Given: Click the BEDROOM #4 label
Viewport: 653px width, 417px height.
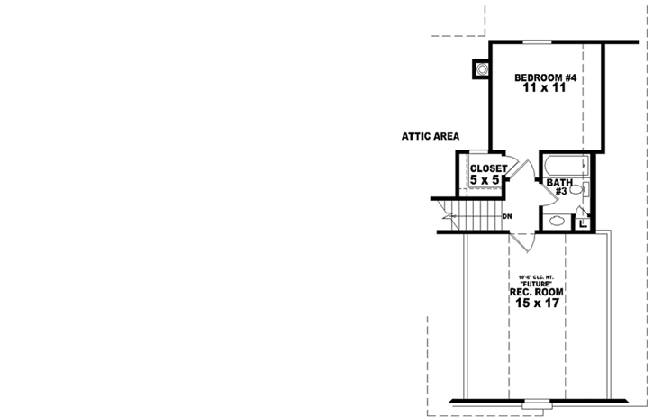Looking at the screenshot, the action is pyautogui.click(x=545, y=78).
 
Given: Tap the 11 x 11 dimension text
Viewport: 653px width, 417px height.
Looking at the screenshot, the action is pyautogui.click(x=545, y=90).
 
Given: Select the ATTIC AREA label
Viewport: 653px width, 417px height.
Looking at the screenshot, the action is pyautogui.click(x=431, y=137).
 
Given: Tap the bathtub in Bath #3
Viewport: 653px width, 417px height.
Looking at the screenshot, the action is pyautogui.click(x=567, y=166).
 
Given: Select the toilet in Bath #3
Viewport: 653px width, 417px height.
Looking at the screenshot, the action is pyautogui.click(x=585, y=189).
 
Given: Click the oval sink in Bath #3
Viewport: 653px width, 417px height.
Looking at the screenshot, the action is pyautogui.click(x=557, y=219).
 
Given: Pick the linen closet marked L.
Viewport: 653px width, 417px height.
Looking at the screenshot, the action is pyautogui.click(x=584, y=222).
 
